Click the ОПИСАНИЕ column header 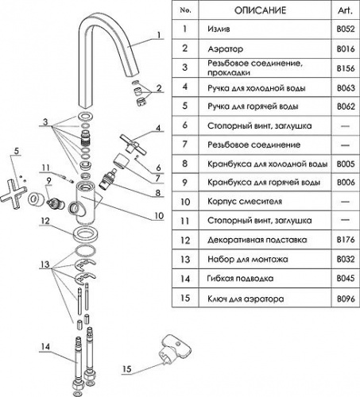(260, 10)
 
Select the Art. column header (345, 10)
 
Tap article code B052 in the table (346, 29)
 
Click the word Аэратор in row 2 (226, 49)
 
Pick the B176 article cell (346, 240)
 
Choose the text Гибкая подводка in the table (240, 279)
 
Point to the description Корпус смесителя (245, 202)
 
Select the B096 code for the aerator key (346, 299)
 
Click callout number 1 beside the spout (159, 35)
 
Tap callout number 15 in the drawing (127, 368)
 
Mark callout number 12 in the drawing (45, 221)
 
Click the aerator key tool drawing (175, 349)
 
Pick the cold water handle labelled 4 (133, 144)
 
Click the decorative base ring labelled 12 (86, 234)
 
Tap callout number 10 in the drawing (159, 216)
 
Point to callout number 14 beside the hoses (45, 346)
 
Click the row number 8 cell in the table (185, 164)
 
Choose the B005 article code (346, 164)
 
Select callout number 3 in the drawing (45, 121)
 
